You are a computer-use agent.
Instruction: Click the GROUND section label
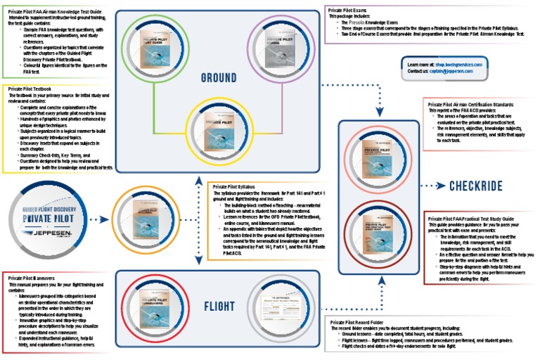[217, 76]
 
